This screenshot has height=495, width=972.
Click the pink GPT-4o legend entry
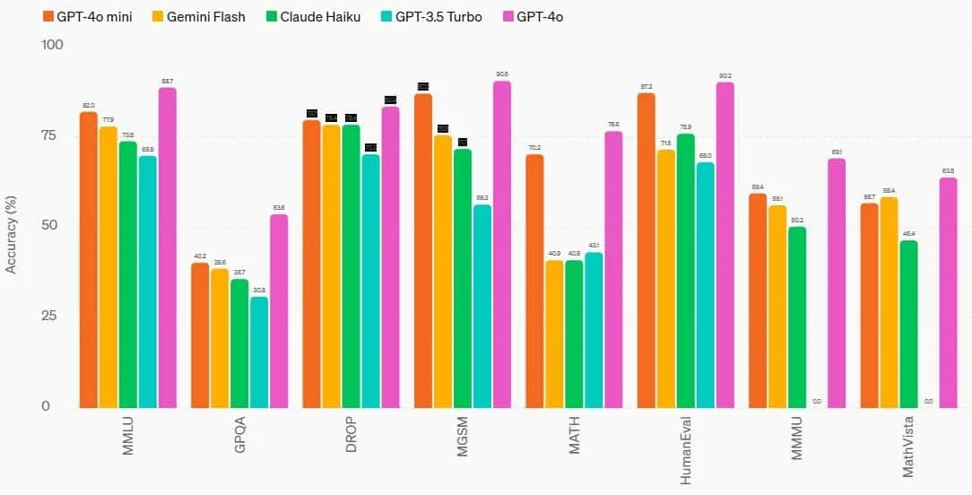539,17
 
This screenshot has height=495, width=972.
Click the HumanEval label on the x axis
686,452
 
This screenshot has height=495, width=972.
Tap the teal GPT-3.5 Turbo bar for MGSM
482,306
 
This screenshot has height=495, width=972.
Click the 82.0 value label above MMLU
89,106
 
